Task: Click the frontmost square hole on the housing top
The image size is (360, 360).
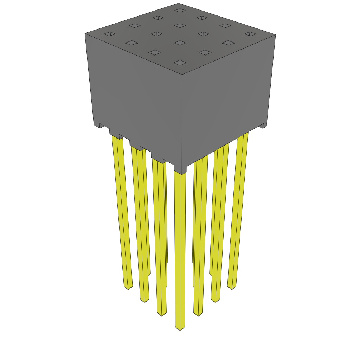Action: click(180, 63)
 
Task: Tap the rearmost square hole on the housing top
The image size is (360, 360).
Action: click(180, 11)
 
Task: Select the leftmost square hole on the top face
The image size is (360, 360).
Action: click(110, 34)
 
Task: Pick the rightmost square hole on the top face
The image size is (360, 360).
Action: click(249, 34)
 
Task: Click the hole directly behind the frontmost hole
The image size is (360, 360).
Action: click(180, 43)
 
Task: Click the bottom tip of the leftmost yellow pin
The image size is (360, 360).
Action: click(128, 288)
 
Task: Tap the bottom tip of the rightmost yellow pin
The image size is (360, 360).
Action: click(231, 287)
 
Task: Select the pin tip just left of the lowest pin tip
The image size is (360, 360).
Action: click(161, 314)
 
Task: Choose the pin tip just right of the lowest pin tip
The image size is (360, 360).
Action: click(198, 314)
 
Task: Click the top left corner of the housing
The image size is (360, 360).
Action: click(85, 34)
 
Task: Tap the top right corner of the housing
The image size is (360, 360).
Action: click(275, 35)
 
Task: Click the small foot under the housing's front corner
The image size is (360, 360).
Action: click(180, 171)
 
